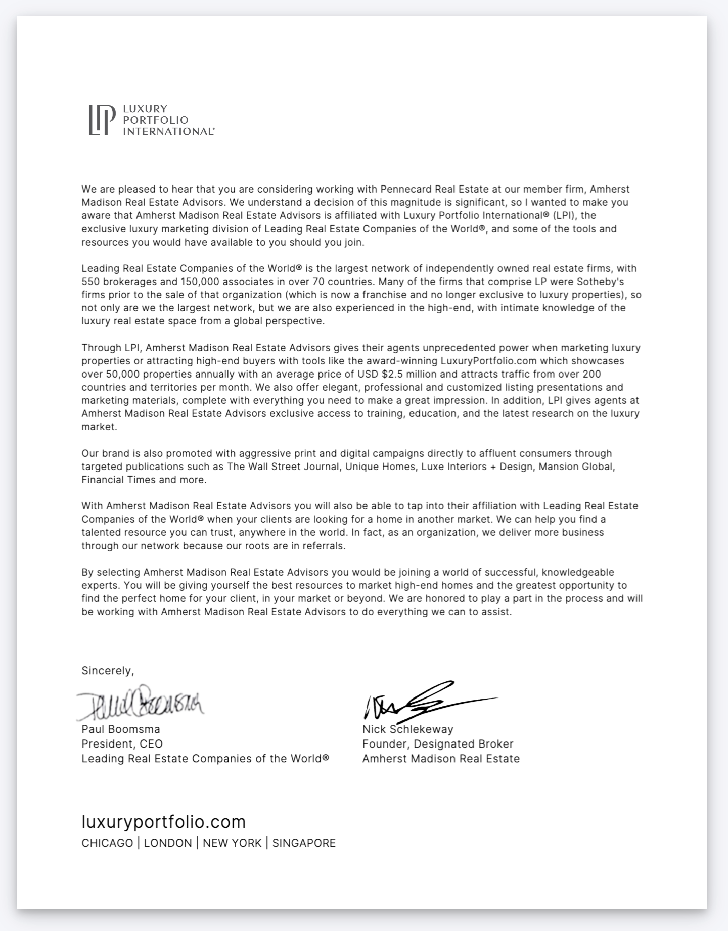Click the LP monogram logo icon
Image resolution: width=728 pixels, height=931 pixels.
[x=99, y=120]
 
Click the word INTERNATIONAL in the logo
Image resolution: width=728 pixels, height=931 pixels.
[x=168, y=131]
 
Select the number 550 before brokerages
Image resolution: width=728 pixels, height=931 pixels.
[x=89, y=282]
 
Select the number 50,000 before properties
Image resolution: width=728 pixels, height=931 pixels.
[x=123, y=374]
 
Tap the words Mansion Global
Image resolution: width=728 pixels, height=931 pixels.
[x=575, y=467]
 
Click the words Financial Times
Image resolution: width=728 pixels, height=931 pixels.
[x=118, y=480]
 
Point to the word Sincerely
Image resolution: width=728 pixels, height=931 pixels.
[x=107, y=671]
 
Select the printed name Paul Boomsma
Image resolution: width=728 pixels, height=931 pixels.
[x=121, y=729]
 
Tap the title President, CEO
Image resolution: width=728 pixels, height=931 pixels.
[x=122, y=744]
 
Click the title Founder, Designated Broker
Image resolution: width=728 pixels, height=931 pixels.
[x=437, y=744]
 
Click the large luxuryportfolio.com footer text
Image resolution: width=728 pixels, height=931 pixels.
[x=163, y=822]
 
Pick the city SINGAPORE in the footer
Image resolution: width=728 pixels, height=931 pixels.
[x=304, y=843]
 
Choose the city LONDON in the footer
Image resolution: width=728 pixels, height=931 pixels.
[x=168, y=843]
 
